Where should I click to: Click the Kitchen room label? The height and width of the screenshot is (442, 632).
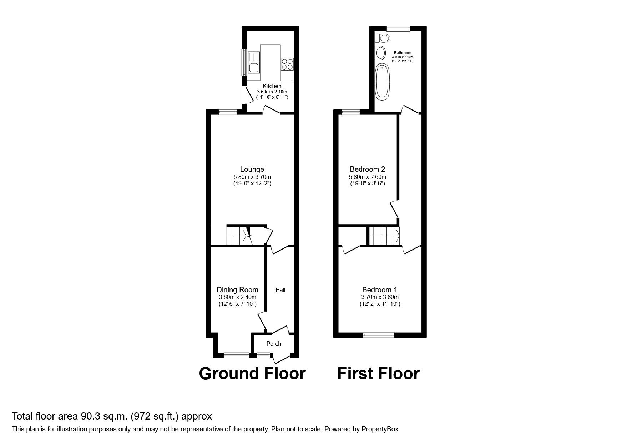click(272, 86)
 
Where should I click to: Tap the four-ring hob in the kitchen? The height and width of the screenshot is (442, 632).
click(287, 63)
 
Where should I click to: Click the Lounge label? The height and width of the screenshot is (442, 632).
click(252, 169)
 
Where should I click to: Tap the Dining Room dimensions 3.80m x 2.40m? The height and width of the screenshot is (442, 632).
click(237, 297)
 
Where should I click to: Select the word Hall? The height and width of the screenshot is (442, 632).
click(280, 290)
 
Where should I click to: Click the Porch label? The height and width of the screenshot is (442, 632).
click(274, 344)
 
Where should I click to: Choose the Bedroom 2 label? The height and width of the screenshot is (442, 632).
click(367, 169)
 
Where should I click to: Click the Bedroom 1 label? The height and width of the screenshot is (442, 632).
click(380, 290)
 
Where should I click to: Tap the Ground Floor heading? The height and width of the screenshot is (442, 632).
click(252, 374)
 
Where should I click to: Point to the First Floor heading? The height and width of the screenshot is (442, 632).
click(378, 374)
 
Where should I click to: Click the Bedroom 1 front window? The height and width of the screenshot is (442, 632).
click(379, 335)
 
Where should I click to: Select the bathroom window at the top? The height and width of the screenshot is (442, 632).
click(399, 29)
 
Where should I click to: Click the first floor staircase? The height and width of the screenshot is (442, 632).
click(384, 236)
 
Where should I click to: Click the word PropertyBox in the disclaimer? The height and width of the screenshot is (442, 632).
click(380, 429)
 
